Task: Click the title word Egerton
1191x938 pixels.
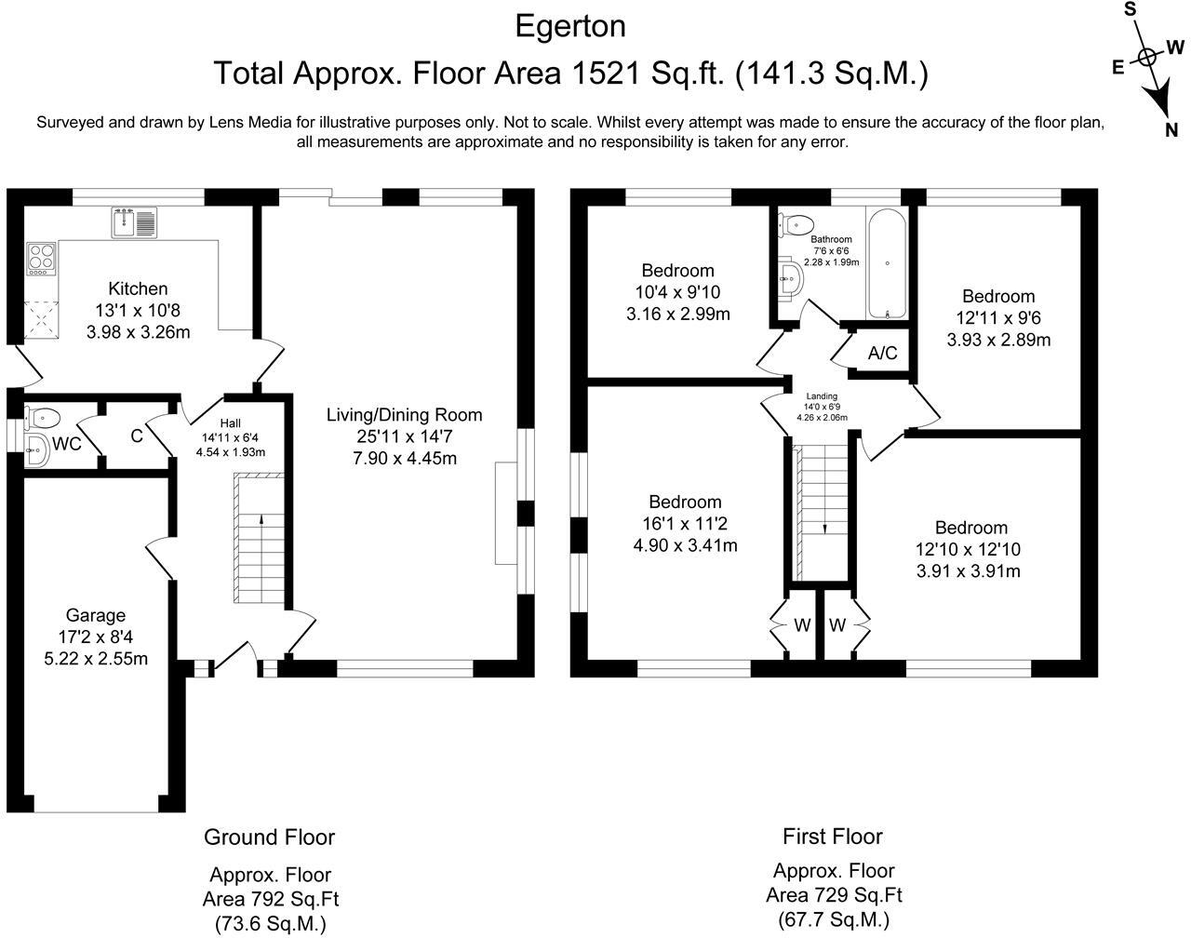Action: [x=570, y=26]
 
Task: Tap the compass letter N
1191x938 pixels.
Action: [x=1172, y=130]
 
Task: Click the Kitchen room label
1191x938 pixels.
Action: [x=138, y=288]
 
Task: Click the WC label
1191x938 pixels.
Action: [x=67, y=445]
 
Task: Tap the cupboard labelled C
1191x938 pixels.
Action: [x=136, y=435]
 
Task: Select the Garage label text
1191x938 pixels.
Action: [x=95, y=615]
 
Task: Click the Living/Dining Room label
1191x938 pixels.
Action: [x=404, y=415]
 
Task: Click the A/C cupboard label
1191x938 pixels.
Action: [x=882, y=354]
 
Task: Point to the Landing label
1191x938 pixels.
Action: [x=822, y=396]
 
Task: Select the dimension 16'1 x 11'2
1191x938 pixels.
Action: [x=685, y=524]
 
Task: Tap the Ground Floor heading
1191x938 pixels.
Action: [x=269, y=837]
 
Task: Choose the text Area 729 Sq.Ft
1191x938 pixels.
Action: [x=834, y=895]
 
